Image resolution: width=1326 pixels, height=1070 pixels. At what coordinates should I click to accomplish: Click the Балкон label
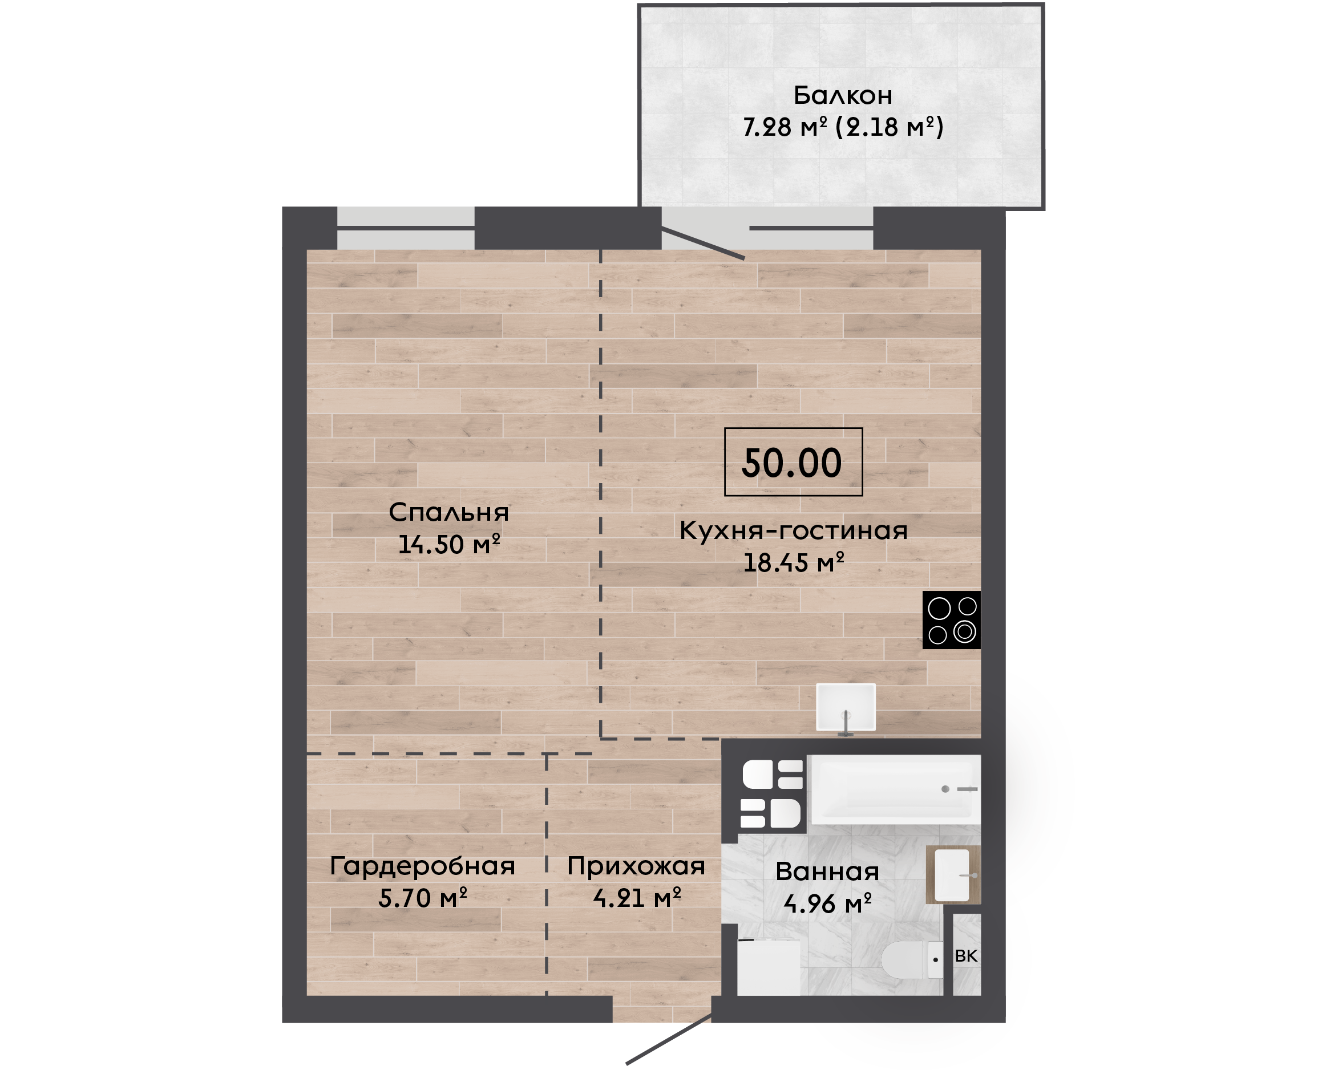pos(842,96)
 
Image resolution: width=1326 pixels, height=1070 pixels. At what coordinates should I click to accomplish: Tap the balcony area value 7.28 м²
pos(784,127)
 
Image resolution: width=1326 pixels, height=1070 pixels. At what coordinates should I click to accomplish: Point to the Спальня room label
pos(449,513)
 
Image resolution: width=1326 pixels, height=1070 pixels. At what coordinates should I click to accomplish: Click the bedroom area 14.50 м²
pos(449,544)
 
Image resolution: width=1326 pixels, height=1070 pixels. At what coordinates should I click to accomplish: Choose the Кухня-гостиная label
pos(794,530)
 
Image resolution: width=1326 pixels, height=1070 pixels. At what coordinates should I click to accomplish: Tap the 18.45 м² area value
pos(794,562)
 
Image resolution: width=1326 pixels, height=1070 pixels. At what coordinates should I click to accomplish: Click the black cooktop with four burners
pos(951,619)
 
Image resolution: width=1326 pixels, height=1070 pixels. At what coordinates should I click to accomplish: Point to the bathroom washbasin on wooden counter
pos(953,874)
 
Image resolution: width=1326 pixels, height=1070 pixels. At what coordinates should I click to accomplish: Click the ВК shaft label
pos(966,956)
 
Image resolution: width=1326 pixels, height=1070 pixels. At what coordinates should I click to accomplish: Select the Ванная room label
pos(827,872)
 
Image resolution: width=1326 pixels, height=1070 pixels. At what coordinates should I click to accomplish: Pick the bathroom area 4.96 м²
pos(827,903)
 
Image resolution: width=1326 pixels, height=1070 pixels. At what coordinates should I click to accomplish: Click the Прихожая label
pos(636,866)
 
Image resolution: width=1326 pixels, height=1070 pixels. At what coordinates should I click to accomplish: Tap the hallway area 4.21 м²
pos(637,898)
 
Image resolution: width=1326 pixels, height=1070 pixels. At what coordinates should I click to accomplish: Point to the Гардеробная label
pos(423,866)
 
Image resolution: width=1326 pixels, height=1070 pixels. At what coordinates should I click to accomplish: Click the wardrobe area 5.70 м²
pos(423,898)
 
